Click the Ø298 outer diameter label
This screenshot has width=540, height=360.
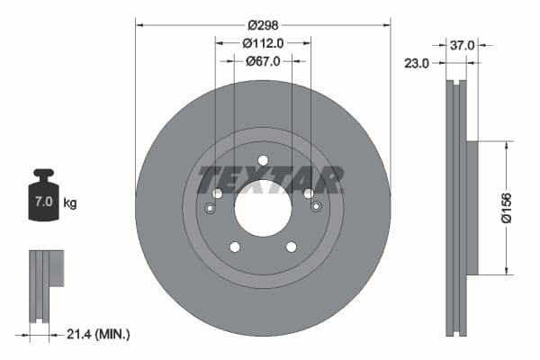coord(263,24)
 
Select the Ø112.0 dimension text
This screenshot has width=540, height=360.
coord(263,42)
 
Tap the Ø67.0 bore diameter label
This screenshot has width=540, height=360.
coord(263,61)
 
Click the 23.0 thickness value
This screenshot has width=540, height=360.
coord(417,63)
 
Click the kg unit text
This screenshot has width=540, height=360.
coord(70,203)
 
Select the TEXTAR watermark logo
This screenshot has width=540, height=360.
coord(270,179)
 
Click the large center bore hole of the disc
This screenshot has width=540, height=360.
coord(263,208)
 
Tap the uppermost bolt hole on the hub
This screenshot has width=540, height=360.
coord(263,161)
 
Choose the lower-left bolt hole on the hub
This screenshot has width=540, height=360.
coord(235,247)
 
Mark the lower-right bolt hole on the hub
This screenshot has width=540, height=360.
coord(291,247)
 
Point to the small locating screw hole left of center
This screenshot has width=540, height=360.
coord(210,209)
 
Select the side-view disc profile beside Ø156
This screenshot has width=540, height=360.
coord(459,208)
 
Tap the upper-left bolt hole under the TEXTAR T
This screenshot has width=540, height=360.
coord(217,193)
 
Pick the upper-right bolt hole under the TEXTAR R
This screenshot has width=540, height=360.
coord(309,193)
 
